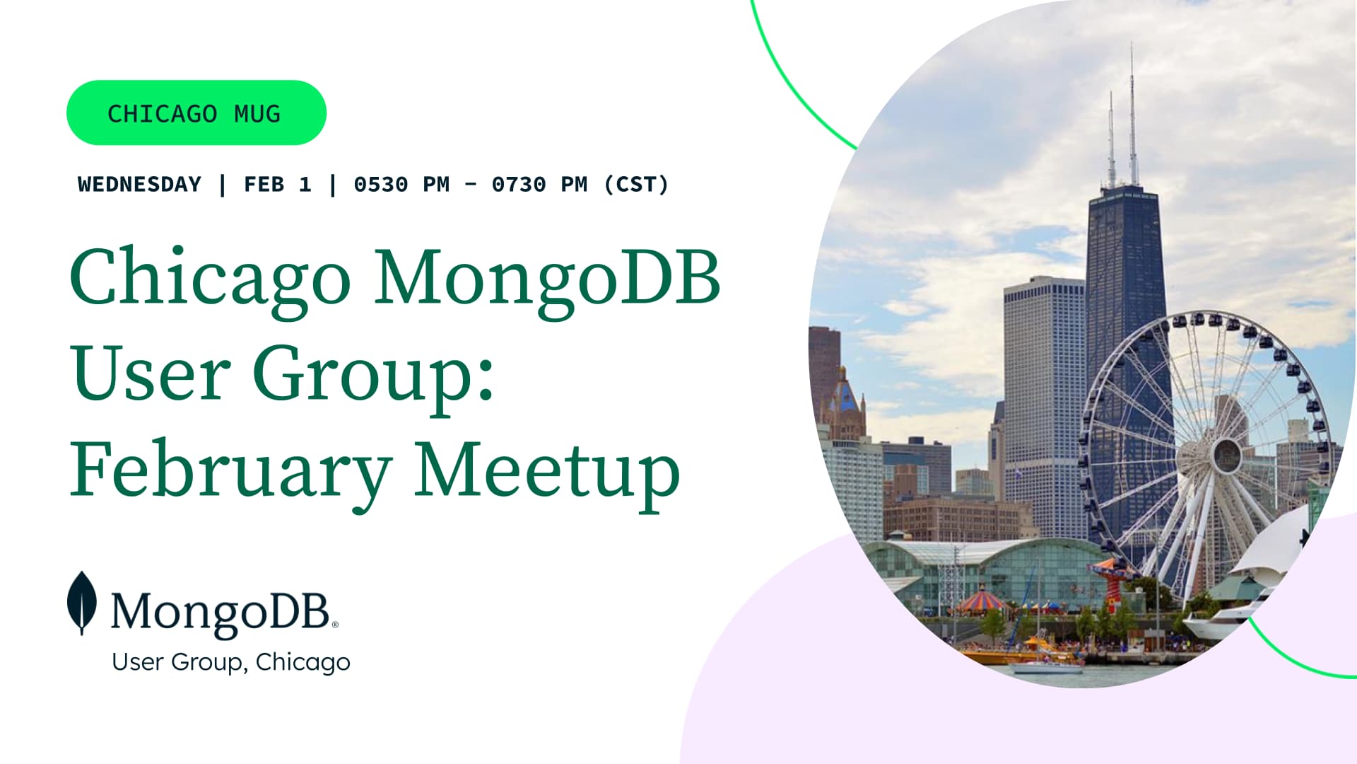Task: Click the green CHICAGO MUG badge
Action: [x=196, y=112]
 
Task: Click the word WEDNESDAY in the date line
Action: [x=139, y=185]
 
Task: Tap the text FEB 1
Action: [x=278, y=185]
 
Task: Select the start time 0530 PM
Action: [x=401, y=185]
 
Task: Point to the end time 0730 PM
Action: [x=540, y=185]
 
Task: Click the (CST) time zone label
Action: [x=636, y=185]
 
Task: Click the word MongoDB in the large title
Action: [x=547, y=278]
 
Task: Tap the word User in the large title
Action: [x=151, y=373]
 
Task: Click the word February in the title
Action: [x=230, y=472]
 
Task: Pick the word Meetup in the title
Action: [x=547, y=472]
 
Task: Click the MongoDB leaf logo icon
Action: [x=82, y=603]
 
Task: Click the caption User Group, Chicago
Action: [x=231, y=662]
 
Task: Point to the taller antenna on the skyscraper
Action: [x=1132, y=113]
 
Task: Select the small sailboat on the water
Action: [x=1046, y=661]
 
